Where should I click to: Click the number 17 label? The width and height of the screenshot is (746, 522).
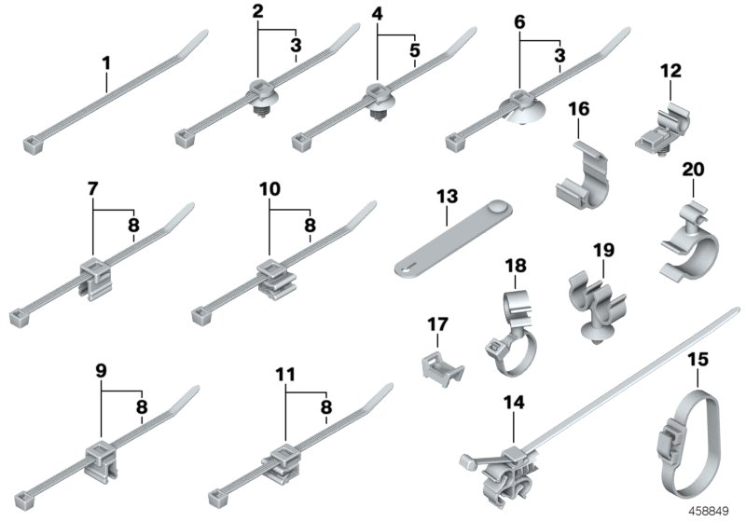437,324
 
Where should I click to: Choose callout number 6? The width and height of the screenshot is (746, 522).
520,21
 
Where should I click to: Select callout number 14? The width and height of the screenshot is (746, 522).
514,403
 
